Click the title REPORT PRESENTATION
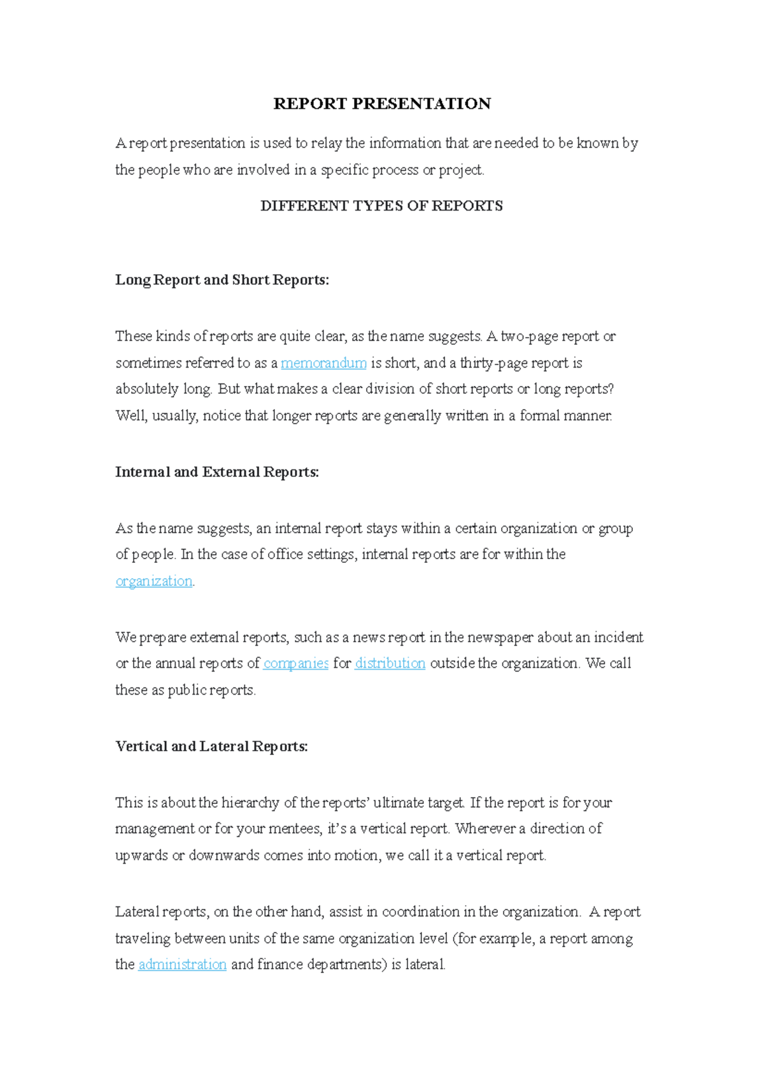pos(382,104)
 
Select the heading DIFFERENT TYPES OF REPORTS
pos(381,206)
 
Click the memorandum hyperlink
pos(323,363)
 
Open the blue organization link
pos(154,581)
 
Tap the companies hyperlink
pos(296,663)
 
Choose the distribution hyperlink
pos(390,663)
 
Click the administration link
pos(182,965)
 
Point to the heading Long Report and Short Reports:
pos(222,280)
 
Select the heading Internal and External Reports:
pos(217,472)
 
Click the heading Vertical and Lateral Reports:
pos(211,746)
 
